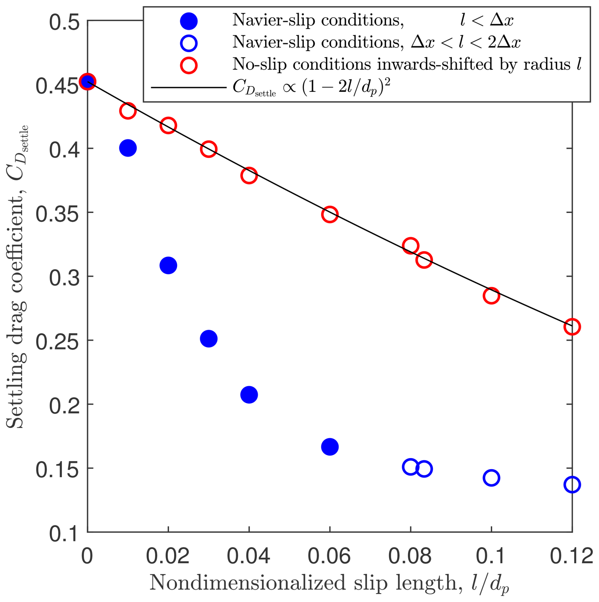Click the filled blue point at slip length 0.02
pos(168,265)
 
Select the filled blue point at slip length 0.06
pos(330,447)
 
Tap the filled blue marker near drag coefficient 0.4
pos(128,148)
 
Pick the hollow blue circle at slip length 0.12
pos(572,485)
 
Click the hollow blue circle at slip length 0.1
pos(491,478)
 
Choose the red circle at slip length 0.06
pos(330,214)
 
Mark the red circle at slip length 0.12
pos(572,327)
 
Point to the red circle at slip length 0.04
pos(249,175)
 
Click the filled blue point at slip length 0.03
pos(209,339)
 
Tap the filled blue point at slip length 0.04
pos(249,395)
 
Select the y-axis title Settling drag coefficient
pos(16,277)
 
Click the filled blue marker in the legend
pos(189,21)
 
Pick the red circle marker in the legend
pos(189,65)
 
